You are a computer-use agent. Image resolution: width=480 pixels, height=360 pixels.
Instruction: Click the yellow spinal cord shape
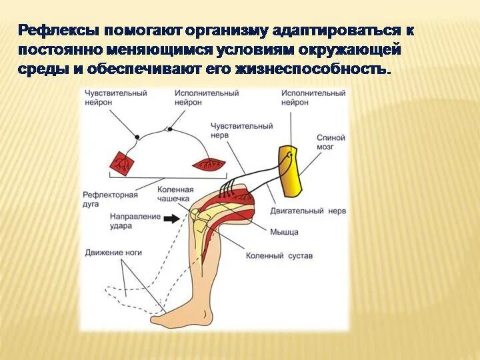click(291, 169)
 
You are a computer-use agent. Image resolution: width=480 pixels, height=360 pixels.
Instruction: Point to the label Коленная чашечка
click(175, 193)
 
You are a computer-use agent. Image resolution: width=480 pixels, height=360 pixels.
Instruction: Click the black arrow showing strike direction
click(171, 218)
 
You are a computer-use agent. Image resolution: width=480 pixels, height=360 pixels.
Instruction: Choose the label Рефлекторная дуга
click(110, 199)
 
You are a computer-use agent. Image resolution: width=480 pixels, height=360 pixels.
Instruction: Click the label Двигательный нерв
click(299, 211)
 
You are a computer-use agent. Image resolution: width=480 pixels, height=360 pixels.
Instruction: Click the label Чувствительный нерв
click(241, 130)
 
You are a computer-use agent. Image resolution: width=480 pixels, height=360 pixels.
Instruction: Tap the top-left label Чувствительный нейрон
click(115, 98)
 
